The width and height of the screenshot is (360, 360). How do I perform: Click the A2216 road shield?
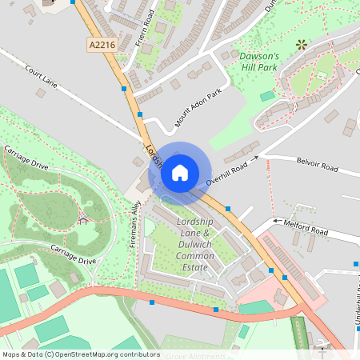[x=102, y=46]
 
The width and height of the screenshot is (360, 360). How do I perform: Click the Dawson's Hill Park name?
[x=260, y=62]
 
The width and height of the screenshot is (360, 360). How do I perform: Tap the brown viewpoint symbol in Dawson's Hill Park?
[x=302, y=45]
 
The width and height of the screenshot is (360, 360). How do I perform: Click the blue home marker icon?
[x=180, y=172]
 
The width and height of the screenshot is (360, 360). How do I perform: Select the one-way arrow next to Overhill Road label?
[x=255, y=158]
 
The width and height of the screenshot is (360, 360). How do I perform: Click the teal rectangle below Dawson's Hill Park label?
[x=266, y=96]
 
